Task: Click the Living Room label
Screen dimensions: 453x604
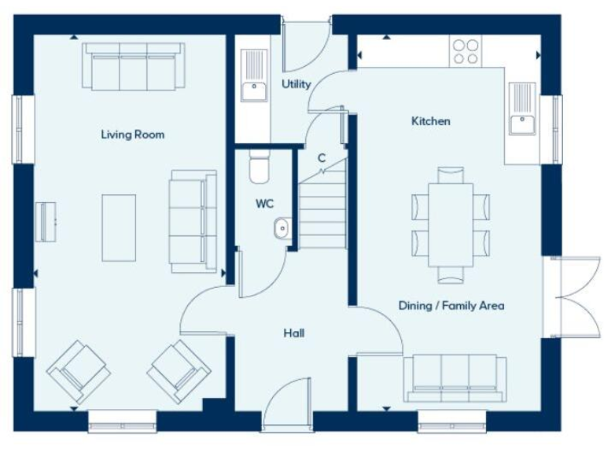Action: pos(132,134)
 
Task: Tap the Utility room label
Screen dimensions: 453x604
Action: pos(296,84)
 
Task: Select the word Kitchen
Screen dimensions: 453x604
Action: pos(431,121)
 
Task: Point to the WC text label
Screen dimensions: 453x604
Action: pos(264,204)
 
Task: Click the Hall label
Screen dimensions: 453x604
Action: pos(294,333)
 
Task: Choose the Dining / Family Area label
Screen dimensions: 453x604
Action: pos(451,305)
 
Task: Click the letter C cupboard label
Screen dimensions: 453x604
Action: pos(321,158)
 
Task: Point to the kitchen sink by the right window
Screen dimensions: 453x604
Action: pos(521,110)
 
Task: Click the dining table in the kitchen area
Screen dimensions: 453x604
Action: pos(451,224)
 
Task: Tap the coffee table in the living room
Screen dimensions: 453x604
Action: pos(119,228)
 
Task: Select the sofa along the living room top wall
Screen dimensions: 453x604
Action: pos(133,68)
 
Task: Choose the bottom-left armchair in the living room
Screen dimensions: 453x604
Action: pos(78,370)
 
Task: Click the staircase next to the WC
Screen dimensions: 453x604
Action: pos(322,211)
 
